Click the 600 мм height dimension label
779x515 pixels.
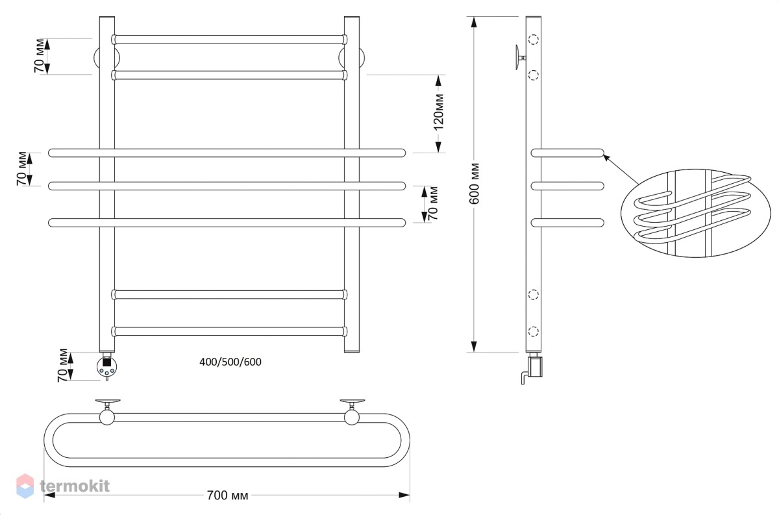(474, 183)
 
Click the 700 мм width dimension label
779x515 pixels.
(227, 495)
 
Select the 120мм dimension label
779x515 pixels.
(439, 112)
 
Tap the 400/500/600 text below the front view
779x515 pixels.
(230, 362)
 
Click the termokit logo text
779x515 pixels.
(75, 486)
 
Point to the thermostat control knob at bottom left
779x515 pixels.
(106, 366)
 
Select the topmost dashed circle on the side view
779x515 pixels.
(534, 40)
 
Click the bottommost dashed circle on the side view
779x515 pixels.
(534, 331)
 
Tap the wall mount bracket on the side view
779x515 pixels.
(520, 57)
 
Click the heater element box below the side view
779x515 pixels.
(536, 367)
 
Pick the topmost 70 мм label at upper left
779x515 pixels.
(40, 56)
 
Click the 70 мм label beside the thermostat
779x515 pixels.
(63, 366)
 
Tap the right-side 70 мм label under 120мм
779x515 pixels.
(433, 203)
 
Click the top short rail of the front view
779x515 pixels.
(229, 40)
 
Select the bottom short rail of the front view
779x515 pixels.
(229, 331)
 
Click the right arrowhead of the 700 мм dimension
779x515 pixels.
(404, 495)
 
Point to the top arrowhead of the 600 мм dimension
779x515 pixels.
(474, 22)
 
